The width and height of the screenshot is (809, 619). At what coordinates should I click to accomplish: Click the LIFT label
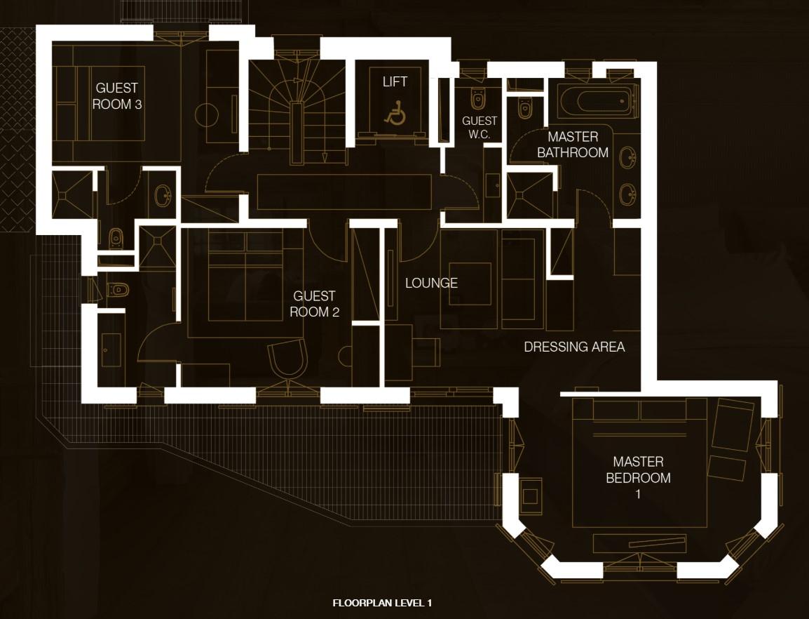[x=395, y=81]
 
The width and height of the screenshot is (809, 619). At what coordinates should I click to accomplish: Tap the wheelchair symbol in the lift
[x=395, y=114]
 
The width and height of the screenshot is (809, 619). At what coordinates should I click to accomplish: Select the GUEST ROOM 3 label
[x=117, y=96]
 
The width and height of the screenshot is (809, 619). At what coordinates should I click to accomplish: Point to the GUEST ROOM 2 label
[x=314, y=304]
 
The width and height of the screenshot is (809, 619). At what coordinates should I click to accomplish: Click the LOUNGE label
[x=431, y=283]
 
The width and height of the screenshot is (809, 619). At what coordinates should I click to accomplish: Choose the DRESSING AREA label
[x=574, y=347]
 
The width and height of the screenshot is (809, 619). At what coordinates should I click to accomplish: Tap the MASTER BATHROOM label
[x=573, y=145]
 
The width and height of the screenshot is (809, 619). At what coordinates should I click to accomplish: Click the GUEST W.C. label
[x=480, y=128]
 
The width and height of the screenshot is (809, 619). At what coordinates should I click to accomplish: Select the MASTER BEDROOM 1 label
[x=638, y=477]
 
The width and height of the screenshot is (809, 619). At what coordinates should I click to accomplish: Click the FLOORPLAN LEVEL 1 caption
[x=382, y=603]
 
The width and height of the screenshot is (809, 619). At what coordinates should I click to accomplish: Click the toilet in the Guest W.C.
[x=478, y=98]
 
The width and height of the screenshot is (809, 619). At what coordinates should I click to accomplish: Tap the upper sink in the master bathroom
[x=627, y=158]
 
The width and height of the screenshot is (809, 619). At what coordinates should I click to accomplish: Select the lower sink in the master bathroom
[x=627, y=194]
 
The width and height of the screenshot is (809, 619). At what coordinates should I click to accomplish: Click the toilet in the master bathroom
[x=525, y=109]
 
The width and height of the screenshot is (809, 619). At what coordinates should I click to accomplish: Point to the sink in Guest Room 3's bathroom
[x=164, y=195]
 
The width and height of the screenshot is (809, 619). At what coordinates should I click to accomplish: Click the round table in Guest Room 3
[x=208, y=114]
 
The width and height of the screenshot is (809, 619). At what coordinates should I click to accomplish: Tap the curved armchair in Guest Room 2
[x=288, y=358]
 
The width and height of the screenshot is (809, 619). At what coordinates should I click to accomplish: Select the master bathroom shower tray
[x=529, y=195]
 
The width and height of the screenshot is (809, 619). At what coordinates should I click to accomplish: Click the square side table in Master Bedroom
[x=530, y=495]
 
